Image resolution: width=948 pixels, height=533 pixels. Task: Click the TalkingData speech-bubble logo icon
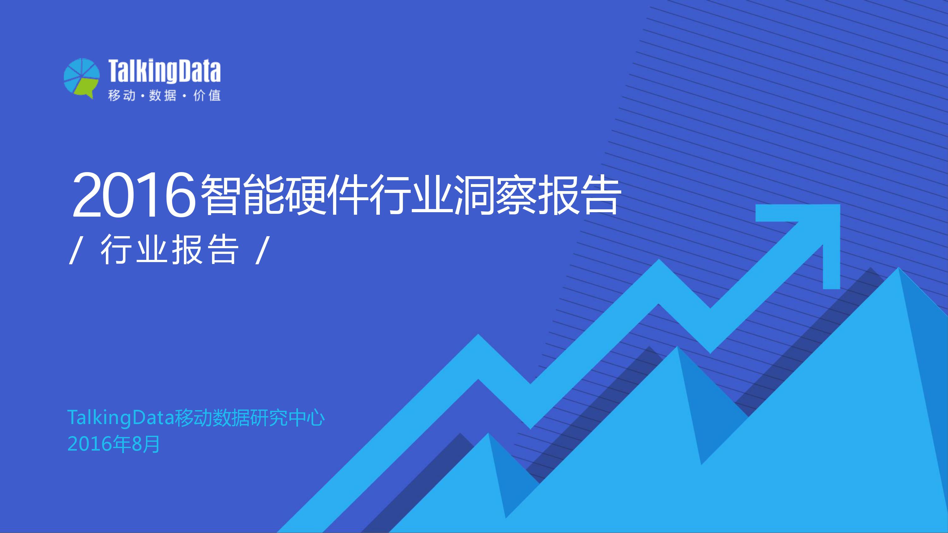point(81,78)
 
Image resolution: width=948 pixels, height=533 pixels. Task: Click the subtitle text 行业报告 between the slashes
point(169,250)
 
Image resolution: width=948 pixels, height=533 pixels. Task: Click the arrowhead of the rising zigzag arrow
point(810,236)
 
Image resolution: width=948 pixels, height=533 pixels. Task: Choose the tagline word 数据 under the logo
point(163,96)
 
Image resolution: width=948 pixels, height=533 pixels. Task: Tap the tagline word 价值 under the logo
point(207,96)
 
